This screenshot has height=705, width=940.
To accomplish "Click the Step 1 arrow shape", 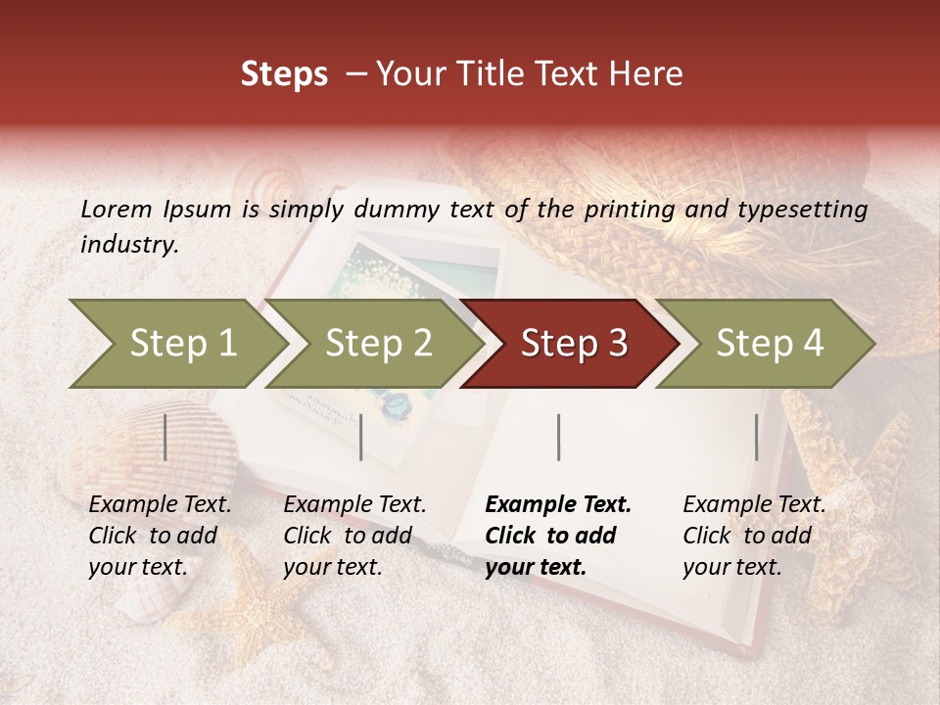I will pos(176,343).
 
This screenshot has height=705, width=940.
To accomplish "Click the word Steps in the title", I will pos(284,74).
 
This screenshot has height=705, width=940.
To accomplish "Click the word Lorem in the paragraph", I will pos(116,209).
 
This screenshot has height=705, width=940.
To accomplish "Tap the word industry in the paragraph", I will pos(128,245).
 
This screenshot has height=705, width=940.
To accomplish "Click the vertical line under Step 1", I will pos(165,437).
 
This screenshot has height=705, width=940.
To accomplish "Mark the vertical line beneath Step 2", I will pos(361,437).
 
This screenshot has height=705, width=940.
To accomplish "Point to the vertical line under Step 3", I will pos(558,437).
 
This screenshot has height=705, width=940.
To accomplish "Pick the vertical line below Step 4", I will pos(756,437).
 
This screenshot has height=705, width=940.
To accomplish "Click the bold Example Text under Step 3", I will pos(558,505).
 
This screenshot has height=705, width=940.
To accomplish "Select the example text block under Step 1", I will pos(160,536).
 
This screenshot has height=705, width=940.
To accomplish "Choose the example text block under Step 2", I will pos(354,536).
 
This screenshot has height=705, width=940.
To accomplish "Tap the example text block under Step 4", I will pos(754,536).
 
